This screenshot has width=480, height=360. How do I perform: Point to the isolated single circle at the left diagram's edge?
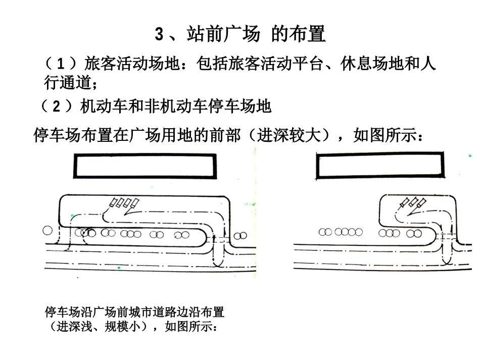coord(47,231)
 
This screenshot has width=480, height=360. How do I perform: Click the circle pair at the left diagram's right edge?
coord(242,235)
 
